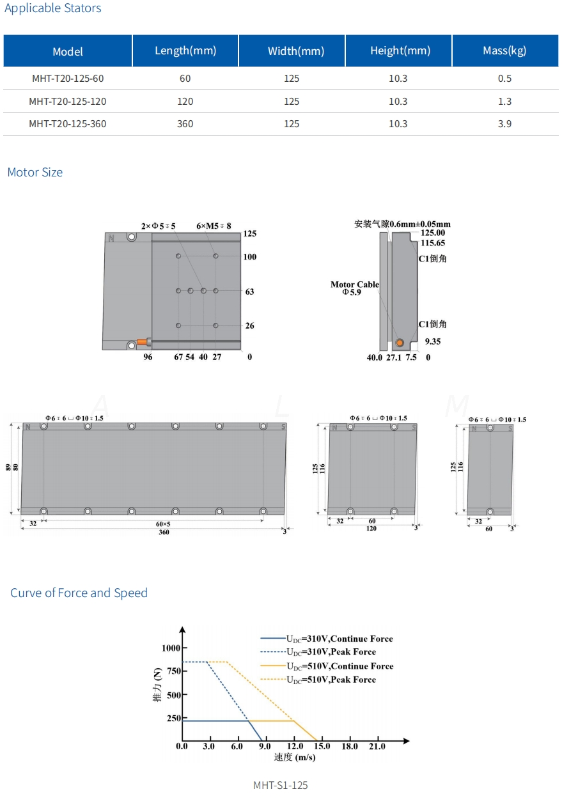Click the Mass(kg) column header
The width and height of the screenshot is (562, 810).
click(504, 51)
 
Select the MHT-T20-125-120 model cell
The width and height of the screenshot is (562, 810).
click(68, 101)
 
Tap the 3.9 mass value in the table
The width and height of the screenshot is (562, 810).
click(504, 123)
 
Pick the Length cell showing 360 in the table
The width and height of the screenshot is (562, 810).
click(185, 123)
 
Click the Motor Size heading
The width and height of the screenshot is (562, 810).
click(35, 172)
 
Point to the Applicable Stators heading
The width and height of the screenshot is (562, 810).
click(53, 8)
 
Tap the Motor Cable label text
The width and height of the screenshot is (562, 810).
click(355, 284)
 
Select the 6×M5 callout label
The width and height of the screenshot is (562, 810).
click(214, 226)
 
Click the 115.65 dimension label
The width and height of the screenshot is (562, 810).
click(433, 243)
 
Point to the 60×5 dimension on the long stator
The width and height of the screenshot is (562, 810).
click(164, 524)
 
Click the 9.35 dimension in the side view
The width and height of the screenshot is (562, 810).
click(433, 341)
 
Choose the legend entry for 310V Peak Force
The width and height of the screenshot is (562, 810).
click(331, 652)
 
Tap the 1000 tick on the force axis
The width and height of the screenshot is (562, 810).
click(171, 648)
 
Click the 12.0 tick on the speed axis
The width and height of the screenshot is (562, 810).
click(295, 746)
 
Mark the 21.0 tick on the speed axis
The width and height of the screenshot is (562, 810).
click(377, 746)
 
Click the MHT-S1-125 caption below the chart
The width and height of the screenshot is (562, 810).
click(281, 785)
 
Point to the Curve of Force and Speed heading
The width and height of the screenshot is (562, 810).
click(79, 593)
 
